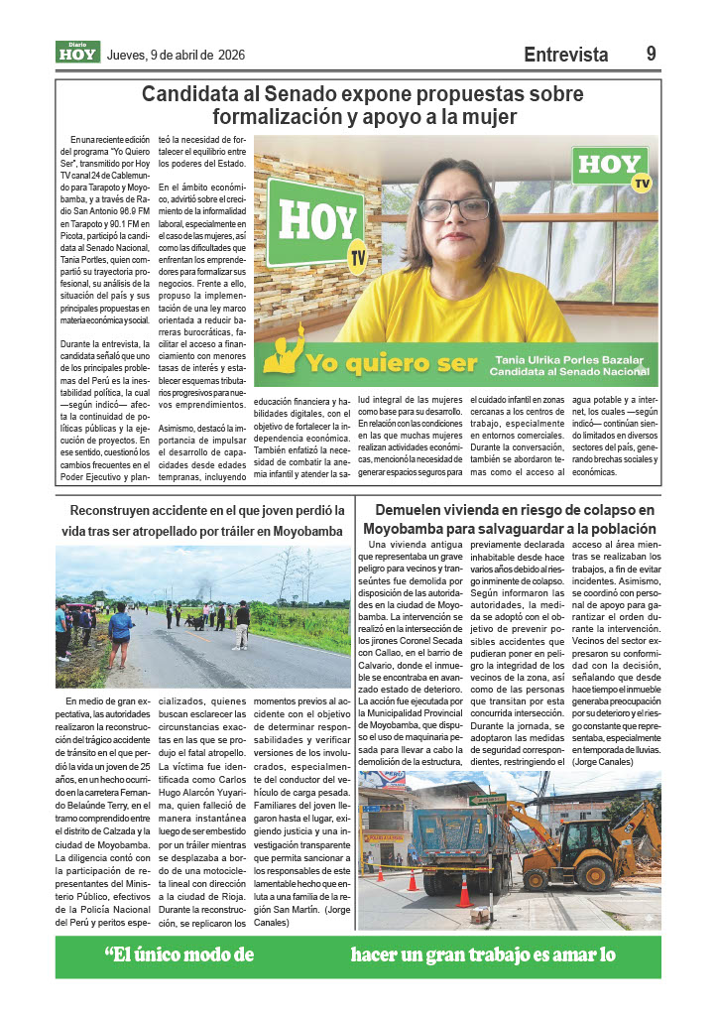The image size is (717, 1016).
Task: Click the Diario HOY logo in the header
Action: click(77, 53)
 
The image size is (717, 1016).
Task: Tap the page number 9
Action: click(652, 55)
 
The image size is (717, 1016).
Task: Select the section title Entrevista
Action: click(565, 56)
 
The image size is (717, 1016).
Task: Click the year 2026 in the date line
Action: click(231, 56)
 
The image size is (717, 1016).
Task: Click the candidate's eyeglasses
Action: click(455, 209)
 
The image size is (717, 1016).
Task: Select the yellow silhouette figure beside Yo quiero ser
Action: click(282, 356)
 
